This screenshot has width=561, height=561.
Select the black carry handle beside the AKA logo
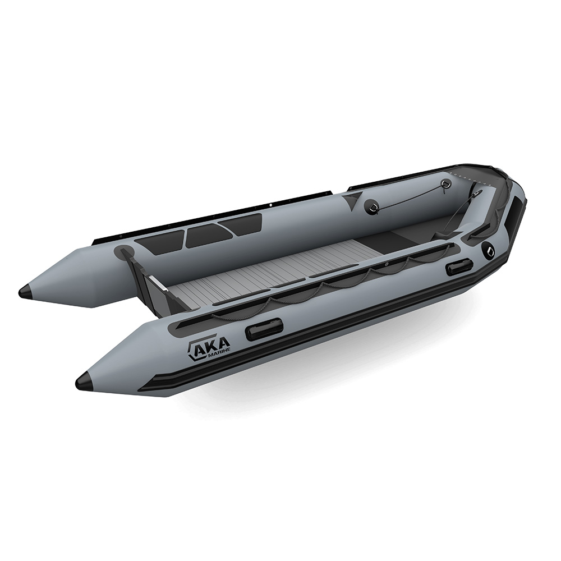264,329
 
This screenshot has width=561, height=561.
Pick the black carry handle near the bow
459,267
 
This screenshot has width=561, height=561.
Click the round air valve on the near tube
488,251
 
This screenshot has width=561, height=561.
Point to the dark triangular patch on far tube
353,199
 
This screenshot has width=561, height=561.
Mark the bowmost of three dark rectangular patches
241,223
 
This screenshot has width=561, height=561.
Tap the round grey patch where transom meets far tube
125,252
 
